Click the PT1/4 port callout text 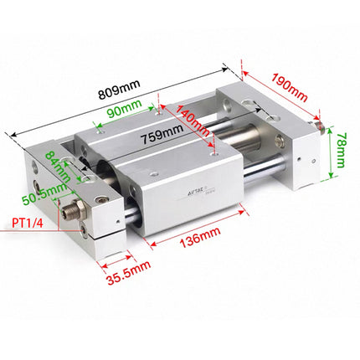28,223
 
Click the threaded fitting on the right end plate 316,126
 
